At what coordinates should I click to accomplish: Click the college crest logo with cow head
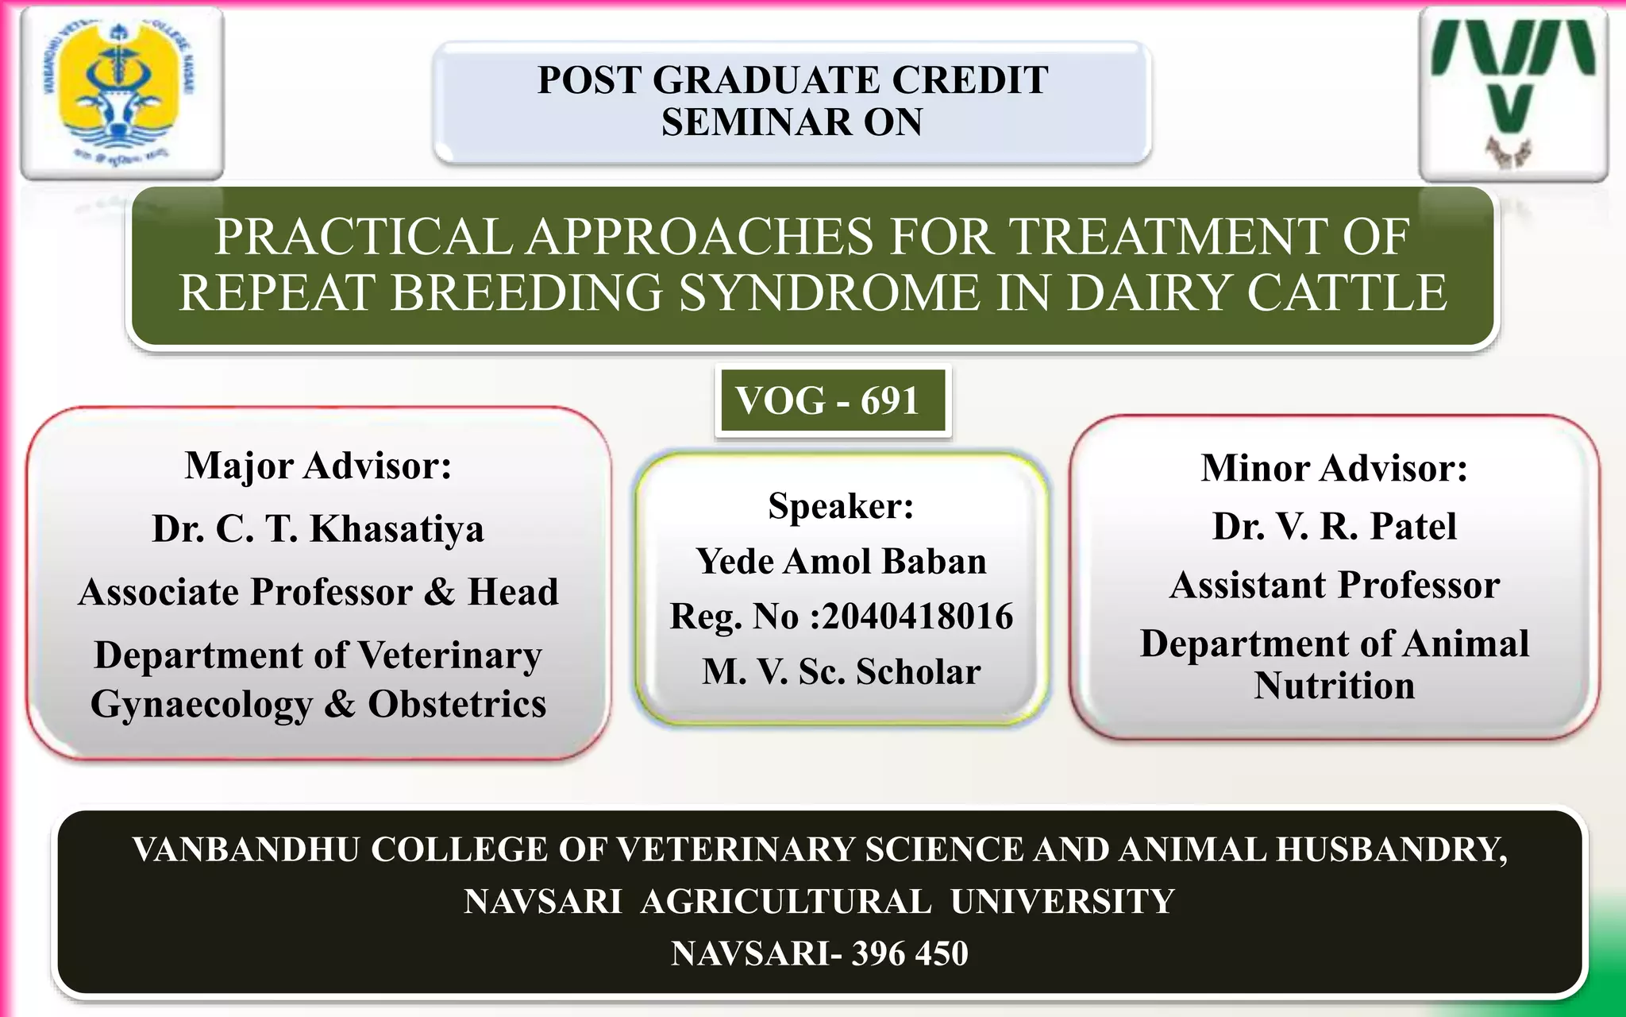tap(121, 91)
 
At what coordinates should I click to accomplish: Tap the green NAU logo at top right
tap(1512, 91)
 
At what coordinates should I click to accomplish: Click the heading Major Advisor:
tap(318, 466)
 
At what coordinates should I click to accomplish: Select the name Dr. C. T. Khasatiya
tap(318, 529)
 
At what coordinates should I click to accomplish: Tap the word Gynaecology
tap(202, 705)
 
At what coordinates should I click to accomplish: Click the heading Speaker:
tap(841, 506)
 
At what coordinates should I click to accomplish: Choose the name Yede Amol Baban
tap(841, 562)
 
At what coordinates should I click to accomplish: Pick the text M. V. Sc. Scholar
tap(841, 672)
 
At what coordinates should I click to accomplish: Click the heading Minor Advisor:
tap(1334, 468)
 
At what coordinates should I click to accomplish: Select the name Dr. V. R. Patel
tap(1334, 526)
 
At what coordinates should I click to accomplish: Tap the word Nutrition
tap(1334, 686)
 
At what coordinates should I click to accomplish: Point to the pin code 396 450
tap(910, 953)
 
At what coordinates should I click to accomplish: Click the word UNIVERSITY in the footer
tap(1062, 902)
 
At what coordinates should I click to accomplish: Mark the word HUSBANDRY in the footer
tap(1389, 849)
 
